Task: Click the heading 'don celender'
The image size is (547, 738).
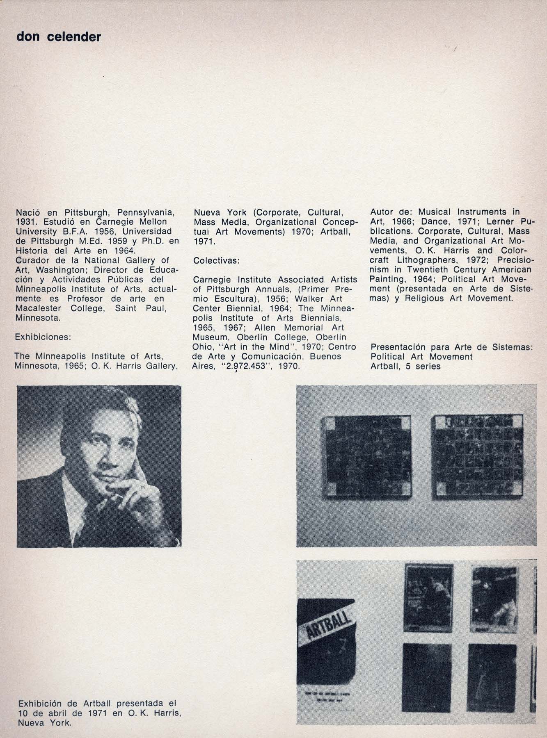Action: tap(58, 37)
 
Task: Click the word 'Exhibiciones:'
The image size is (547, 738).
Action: tap(43, 337)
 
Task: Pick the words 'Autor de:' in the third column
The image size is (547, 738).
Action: tap(387, 212)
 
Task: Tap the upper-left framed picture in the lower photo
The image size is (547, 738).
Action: tap(428, 596)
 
